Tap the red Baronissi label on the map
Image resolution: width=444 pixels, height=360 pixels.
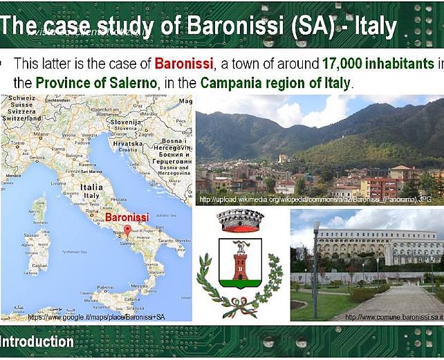pos(127,217)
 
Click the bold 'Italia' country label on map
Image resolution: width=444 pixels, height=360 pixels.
pos(91,187)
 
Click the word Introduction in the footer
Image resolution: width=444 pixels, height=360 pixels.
pos(37,341)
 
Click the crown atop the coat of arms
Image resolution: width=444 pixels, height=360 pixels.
pos(241,221)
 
